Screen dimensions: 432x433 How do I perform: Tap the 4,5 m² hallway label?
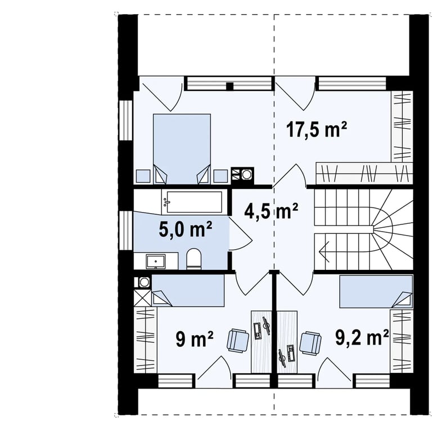271,211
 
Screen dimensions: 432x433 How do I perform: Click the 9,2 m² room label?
362,337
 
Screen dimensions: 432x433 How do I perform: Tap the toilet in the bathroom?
194,259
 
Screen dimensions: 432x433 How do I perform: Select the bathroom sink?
156,261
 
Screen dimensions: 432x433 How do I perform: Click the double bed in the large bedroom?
182,149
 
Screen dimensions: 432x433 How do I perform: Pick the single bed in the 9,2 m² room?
376,292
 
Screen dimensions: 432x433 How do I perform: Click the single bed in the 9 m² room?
188,290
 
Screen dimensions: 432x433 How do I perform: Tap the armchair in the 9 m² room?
238,340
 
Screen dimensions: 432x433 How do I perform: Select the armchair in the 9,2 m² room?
310,342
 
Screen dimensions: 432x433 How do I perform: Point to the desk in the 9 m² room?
261,342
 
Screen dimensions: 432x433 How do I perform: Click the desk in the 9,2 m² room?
287,342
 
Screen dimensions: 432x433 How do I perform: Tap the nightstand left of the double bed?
143,176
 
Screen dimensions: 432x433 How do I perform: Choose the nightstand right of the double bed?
220,176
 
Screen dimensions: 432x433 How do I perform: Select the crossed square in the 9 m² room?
142,297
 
